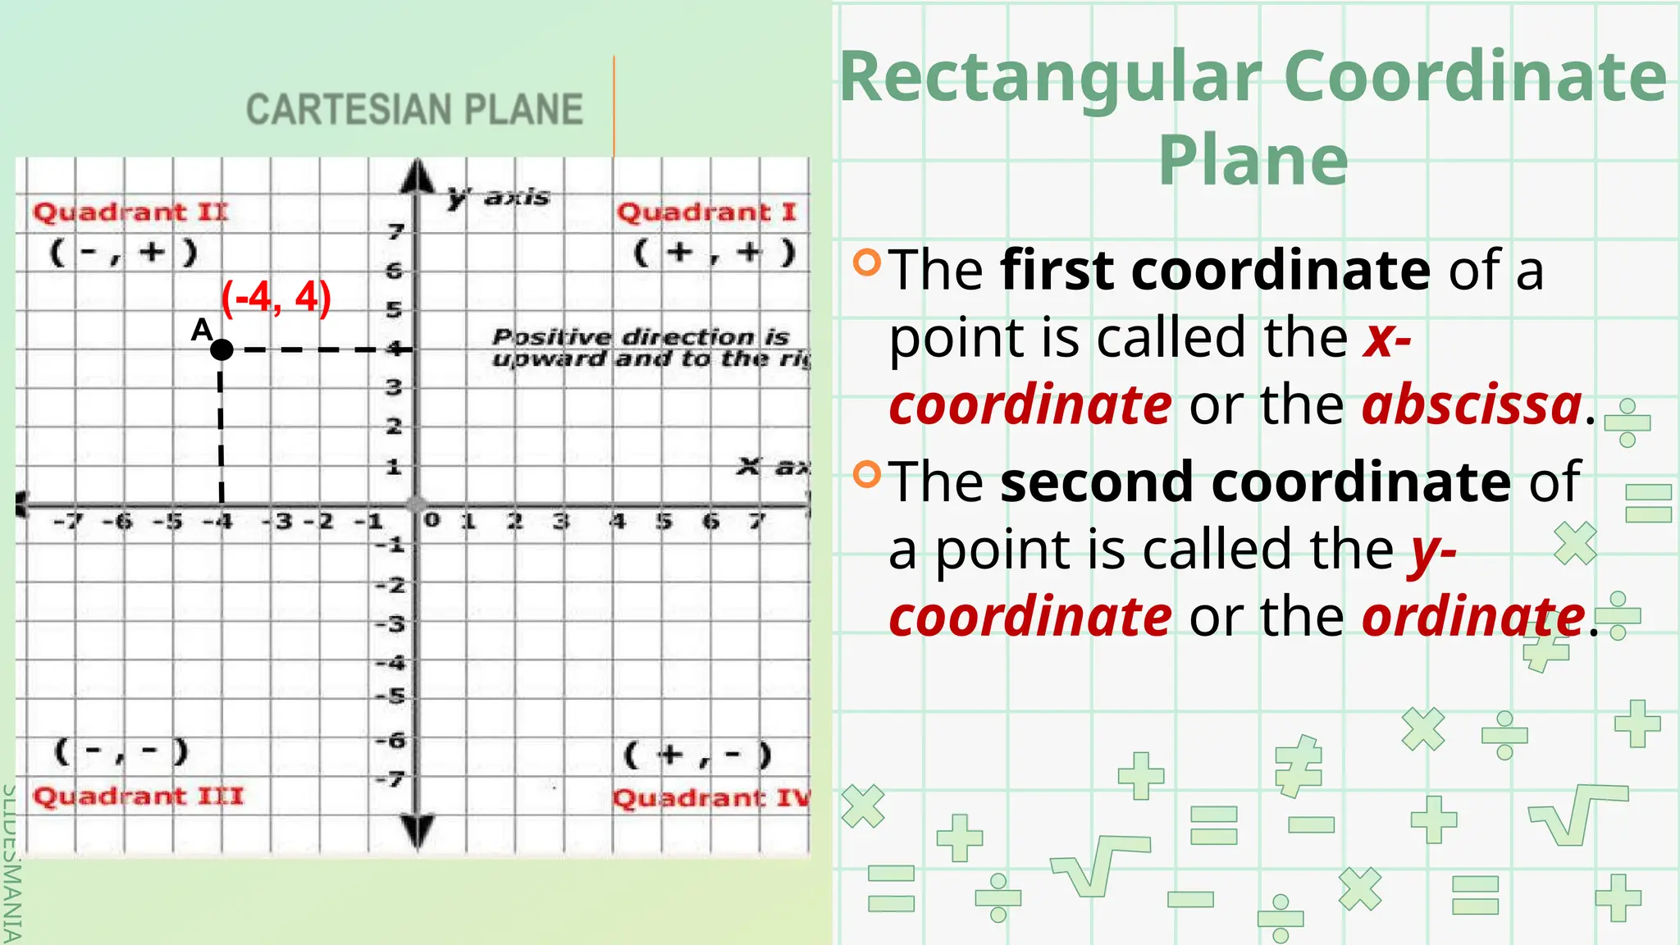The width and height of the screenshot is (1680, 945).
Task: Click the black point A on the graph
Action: pos(221,349)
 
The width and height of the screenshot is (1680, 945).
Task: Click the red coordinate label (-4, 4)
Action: pos(276,297)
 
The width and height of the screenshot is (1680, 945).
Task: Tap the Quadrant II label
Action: pos(130,212)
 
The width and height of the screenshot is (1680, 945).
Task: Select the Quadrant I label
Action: pos(706,212)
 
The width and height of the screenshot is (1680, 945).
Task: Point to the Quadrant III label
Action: pos(138,796)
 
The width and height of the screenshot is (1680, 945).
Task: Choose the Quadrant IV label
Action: pos(710,797)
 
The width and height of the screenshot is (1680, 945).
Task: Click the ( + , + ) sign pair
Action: pos(714,252)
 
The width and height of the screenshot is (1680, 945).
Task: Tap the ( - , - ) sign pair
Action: pos(121,751)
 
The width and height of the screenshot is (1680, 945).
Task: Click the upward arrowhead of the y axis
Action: pos(418,176)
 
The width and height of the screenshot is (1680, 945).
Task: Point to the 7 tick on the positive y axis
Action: pos(396,232)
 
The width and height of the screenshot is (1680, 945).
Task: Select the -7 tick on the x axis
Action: pos(68,521)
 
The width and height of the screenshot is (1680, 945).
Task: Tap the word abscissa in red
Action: pos(1472,404)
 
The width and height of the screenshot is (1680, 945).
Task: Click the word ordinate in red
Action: pos(1473,616)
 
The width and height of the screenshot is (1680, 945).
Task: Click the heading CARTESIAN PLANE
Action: pos(414,110)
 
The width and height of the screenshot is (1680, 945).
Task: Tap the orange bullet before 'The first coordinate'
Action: pos(866,262)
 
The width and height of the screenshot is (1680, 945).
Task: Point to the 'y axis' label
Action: pos(499,197)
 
